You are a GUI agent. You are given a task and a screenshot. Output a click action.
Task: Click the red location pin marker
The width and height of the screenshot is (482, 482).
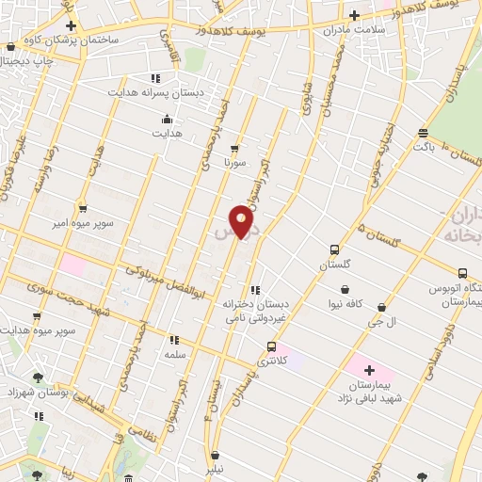click(x=242, y=221)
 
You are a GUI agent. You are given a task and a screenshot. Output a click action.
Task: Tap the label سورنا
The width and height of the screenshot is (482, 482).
click(x=233, y=163)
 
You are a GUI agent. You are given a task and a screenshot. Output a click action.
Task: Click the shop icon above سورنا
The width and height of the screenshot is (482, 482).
click(x=233, y=148)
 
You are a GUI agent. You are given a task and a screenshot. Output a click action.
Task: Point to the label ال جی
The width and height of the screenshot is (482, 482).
click(x=380, y=322)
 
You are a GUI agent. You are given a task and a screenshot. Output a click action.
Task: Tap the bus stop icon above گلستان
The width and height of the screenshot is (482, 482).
click(x=334, y=250)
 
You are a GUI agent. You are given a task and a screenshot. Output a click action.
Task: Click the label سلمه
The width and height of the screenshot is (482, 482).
click(x=173, y=354)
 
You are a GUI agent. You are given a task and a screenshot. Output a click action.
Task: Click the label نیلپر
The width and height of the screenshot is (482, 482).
click(x=216, y=469)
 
